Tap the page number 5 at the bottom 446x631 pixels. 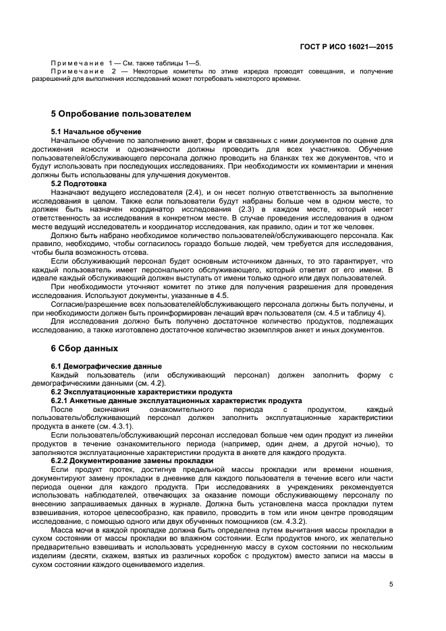[x=391, y=585]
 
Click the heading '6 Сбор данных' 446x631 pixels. [x=84, y=349]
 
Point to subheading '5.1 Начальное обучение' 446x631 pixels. [x=96, y=131]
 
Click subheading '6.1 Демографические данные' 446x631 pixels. [x=102, y=365]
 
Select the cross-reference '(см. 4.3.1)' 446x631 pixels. [x=117, y=427]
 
